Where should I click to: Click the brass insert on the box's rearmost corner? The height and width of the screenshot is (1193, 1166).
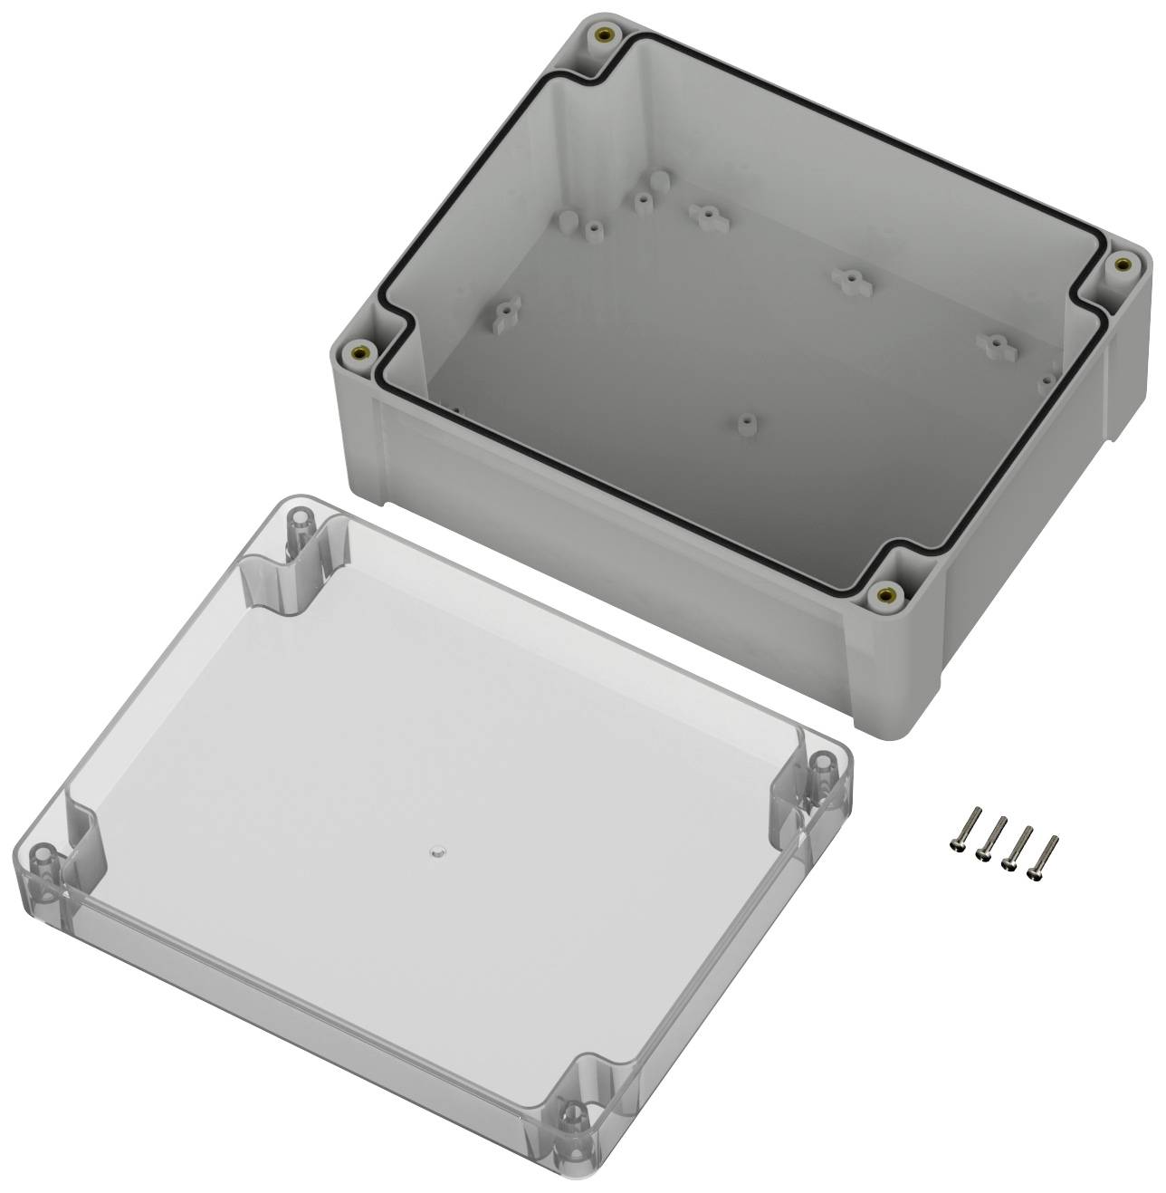[x=603, y=37]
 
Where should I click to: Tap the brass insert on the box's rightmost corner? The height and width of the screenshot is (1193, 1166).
[x=1122, y=264]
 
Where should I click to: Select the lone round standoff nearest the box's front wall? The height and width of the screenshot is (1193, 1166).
[x=746, y=423]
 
